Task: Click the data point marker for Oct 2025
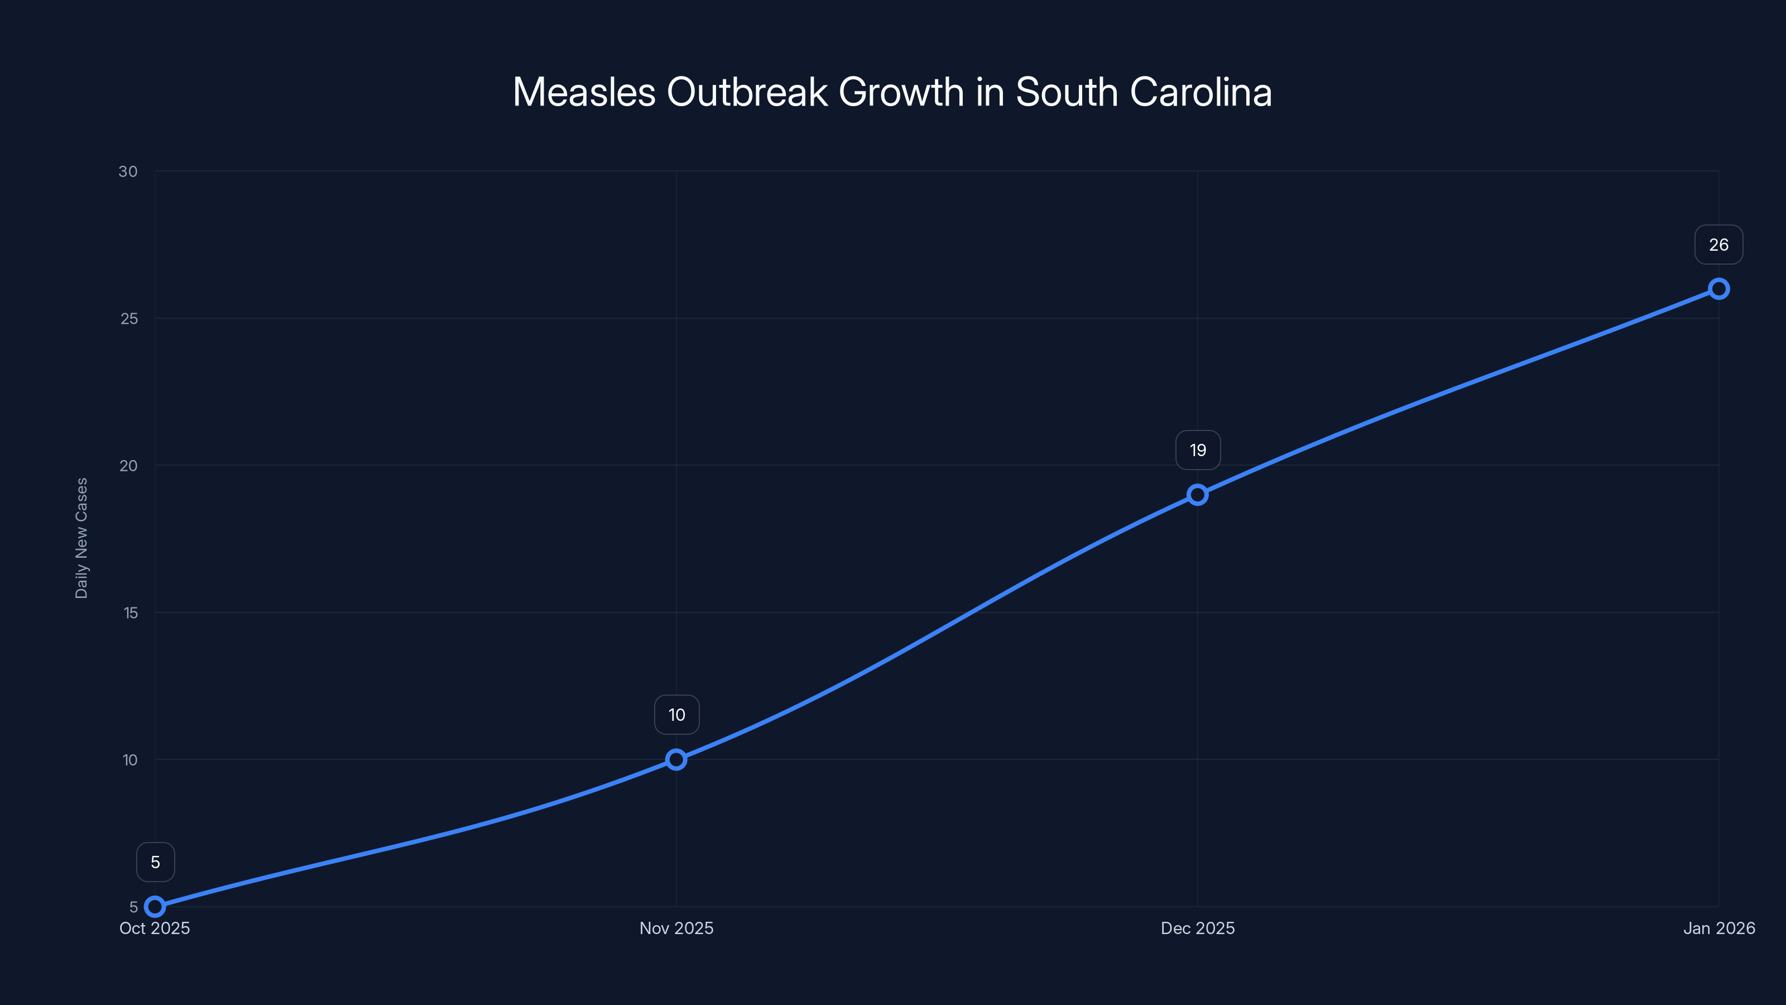coord(155,907)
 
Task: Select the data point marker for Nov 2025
coord(676,759)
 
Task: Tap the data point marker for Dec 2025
coord(1197,495)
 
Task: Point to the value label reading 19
coord(1197,450)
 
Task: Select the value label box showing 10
coord(676,715)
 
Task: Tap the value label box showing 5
coord(155,862)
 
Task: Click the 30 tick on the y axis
coord(128,171)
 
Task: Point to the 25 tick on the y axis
coord(129,318)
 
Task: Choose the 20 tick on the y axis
coord(128,466)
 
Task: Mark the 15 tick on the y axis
coord(131,612)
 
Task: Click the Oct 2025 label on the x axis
coord(155,928)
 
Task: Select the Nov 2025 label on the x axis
coord(676,928)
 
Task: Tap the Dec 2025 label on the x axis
coord(1197,928)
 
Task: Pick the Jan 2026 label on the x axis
coord(1719,928)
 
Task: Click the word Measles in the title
coord(584,92)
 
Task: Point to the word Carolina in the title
coord(1201,92)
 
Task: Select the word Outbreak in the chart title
coord(747,92)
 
